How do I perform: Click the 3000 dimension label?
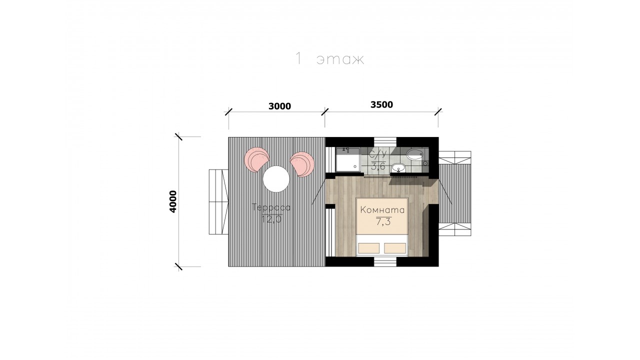[x=279, y=106]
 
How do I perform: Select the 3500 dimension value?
[x=381, y=105]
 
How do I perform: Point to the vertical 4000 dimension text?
[x=173, y=201]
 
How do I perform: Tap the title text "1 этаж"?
[x=329, y=59]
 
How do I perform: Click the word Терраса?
[x=271, y=207]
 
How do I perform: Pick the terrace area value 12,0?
[x=272, y=219]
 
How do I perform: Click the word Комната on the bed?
[x=382, y=210]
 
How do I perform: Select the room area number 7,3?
[x=383, y=221]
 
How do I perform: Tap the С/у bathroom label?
[x=377, y=154]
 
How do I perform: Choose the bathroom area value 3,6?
[x=378, y=166]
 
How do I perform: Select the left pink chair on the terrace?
[x=256, y=159]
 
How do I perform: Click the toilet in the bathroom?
[x=415, y=154]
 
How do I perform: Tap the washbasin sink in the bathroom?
[x=398, y=167]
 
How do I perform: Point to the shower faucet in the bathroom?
[x=346, y=149]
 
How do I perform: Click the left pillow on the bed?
[x=368, y=248]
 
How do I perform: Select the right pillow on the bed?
[x=395, y=248]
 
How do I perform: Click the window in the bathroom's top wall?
[x=385, y=142]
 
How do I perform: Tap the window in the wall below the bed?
[x=385, y=261]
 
